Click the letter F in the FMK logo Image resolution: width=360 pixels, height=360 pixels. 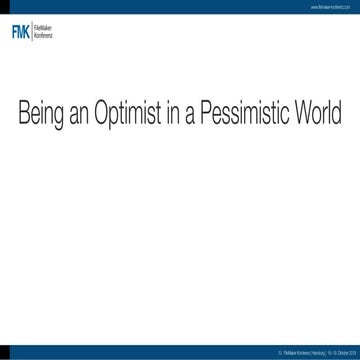[14, 32]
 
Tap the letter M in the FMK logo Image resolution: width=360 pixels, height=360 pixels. [22, 32]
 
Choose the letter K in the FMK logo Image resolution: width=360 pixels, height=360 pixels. [29, 32]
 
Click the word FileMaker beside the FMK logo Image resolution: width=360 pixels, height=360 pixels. [44, 29]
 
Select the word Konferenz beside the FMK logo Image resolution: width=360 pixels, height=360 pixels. [44, 35]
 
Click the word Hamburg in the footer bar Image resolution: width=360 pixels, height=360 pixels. [309, 353]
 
